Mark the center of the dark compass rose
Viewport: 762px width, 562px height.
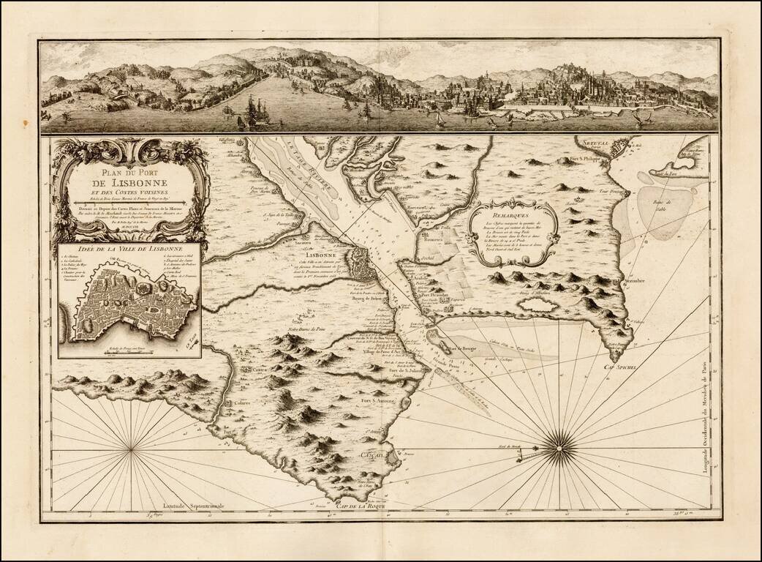tap(560, 442)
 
